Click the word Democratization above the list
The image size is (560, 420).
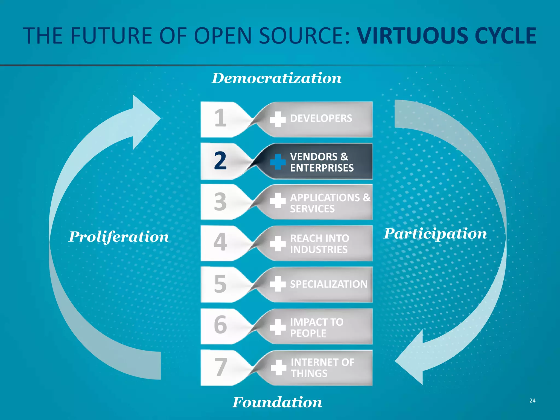(276, 78)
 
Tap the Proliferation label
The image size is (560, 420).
(119, 237)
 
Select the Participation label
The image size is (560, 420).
(435, 234)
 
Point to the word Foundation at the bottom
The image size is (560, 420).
(277, 402)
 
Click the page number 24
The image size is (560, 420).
(532, 401)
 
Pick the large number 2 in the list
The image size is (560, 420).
(220, 161)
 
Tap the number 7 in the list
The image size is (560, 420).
(220, 367)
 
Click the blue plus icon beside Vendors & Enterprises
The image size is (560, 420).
(278, 162)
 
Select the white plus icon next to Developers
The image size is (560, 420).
(278, 119)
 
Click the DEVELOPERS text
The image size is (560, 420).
(321, 118)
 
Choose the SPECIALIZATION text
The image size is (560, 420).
(329, 284)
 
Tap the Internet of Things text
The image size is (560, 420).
(322, 368)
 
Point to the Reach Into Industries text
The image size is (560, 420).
(319, 244)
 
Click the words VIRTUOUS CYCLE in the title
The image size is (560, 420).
(447, 36)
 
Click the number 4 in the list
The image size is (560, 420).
(220, 242)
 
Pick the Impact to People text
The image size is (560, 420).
(316, 327)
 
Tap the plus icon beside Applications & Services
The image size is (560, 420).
(278, 200)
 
